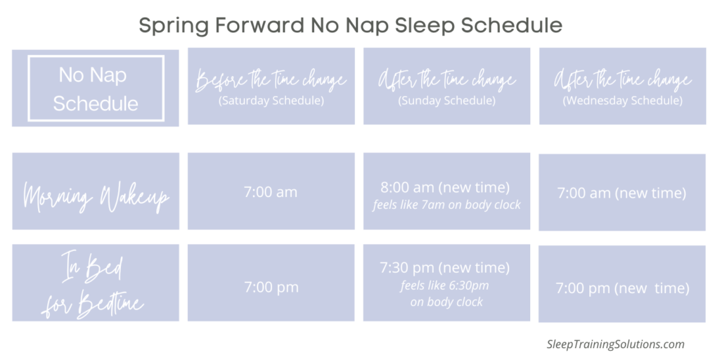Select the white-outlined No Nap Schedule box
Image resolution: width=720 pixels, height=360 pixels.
click(95, 88)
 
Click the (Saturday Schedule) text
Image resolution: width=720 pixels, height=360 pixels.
click(271, 101)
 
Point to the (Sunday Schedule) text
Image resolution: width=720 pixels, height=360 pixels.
click(447, 101)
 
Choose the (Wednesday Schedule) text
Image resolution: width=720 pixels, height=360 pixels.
click(622, 101)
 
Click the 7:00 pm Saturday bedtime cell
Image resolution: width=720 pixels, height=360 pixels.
click(271, 286)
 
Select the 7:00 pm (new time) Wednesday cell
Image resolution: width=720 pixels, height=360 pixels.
click(622, 288)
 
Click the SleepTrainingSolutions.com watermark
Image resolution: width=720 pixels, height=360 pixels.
click(615, 344)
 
